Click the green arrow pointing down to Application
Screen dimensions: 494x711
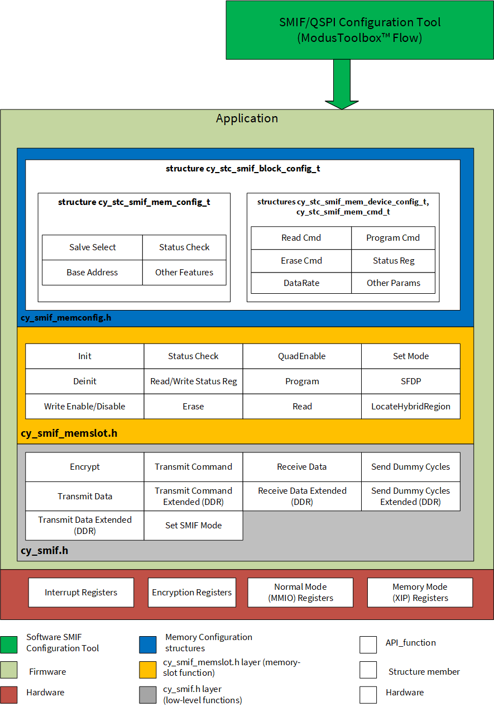pos(342,84)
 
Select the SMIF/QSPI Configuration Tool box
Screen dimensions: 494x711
pos(360,30)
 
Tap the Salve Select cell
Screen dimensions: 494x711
pos(92,247)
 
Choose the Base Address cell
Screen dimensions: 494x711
pos(92,273)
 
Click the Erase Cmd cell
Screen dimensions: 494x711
pos(301,261)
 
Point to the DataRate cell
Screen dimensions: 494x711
pos(301,283)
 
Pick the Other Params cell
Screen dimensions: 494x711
pos(393,283)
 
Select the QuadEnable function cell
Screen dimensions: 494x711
pos(302,356)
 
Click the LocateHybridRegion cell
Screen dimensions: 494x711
pos(411,406)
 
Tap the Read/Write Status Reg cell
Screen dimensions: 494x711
pos(193,381)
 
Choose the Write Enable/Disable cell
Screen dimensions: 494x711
pos(85,406)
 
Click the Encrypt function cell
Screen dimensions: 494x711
pos(85,467)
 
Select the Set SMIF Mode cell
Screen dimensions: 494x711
pos(193,526)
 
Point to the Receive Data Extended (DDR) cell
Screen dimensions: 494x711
pos(302,496)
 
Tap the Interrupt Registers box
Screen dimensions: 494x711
pos(81,592)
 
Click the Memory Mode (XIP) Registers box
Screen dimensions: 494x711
pos(420,592)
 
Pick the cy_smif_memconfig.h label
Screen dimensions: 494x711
pos(66,318)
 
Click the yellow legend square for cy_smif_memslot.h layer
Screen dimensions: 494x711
pos(147,670)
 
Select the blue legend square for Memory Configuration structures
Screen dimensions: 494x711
pos(147,645)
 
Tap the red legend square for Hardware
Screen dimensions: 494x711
pos(8,695)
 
